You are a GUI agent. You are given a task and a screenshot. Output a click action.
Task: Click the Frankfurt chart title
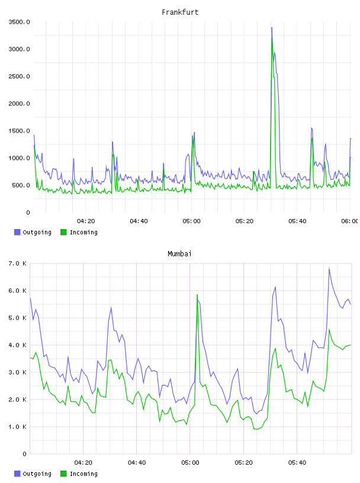pos(180,12)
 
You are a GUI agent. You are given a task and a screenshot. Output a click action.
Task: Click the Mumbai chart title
pos(179,254)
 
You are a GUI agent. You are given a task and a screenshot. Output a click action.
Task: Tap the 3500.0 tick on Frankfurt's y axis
pos(19,22)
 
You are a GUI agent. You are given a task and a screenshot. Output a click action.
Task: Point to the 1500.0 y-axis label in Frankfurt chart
pos(19,131)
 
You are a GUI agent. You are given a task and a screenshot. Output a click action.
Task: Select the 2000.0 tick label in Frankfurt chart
pos(19,104)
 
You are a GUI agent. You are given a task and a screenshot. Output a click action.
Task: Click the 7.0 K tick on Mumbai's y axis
pos(17,263)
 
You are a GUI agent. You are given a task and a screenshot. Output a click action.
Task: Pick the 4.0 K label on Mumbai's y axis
pos(17,345)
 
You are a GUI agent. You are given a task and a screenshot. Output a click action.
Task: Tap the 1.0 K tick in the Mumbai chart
pos(17,427)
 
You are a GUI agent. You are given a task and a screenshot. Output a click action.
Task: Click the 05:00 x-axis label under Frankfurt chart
pos(191,221)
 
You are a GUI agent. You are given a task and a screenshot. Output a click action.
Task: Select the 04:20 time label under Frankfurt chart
pos(86,221)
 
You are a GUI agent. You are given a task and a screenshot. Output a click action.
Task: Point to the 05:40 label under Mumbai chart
pos(297,463)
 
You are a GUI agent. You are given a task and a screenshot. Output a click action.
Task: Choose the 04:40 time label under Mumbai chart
pos(137,463)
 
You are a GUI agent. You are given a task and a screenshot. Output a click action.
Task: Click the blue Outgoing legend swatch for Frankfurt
pos(17,232)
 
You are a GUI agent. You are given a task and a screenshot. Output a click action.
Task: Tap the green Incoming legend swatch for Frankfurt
pos(63,232)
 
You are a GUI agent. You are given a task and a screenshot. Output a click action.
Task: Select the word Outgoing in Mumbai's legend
pos(37,474)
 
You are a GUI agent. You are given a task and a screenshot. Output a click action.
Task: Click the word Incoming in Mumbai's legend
pos(83,474)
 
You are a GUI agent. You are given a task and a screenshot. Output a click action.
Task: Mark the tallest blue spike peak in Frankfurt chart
pos(272,28)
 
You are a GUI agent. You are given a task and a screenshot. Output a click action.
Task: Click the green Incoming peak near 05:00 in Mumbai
pos(197,295)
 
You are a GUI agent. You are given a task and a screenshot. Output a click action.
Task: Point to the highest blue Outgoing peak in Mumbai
pos(329,268)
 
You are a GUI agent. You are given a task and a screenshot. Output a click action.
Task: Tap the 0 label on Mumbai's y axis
pos(25,454)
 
